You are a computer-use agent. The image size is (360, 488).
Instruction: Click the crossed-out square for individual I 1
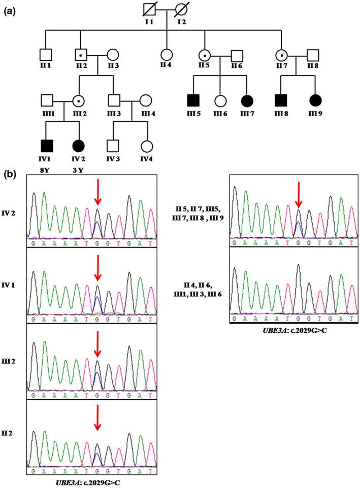click(147, 12)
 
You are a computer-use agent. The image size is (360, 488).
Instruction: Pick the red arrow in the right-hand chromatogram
click(298, 196)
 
